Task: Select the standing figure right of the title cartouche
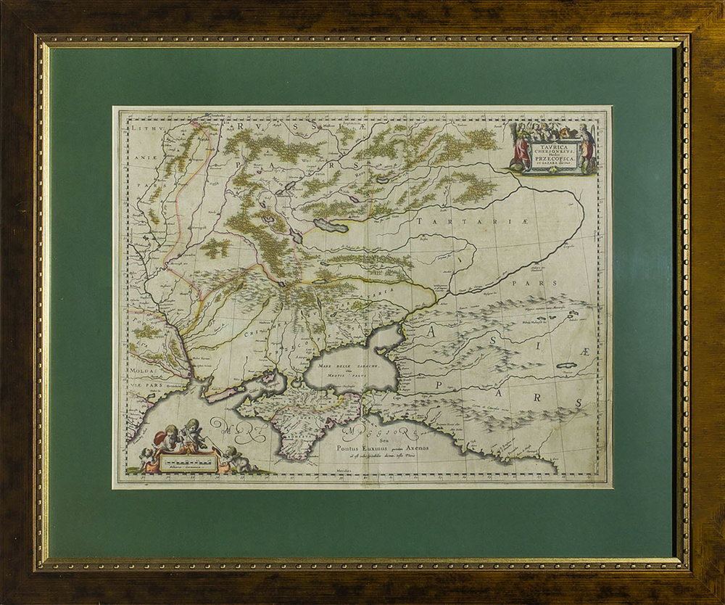(x=586, y=149)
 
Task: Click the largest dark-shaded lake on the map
(x=330, y=226)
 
